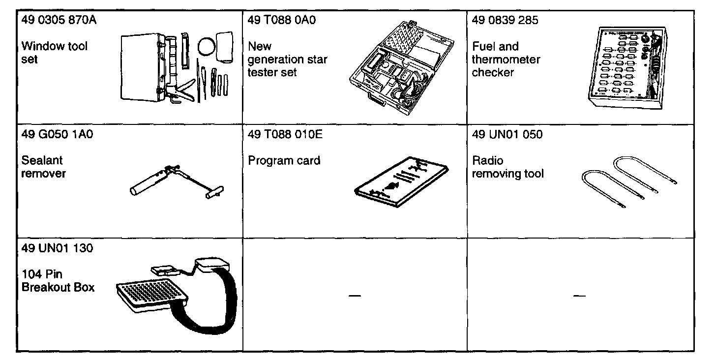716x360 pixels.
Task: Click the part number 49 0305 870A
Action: click(x=56, y=21)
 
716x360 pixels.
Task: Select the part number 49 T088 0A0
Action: click(x=281, y=21)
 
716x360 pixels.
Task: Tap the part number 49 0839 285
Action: click(x=505, y=21)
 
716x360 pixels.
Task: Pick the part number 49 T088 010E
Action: click(x=285, y=134)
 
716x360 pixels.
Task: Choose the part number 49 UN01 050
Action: click(x=507, y=134)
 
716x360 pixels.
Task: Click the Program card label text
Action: click(x=284, y=161)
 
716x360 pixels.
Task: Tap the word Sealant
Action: click(x=42, y=161)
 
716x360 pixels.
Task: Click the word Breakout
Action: click(x=47, y=287)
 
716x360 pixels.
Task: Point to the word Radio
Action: click(x=488, y=161)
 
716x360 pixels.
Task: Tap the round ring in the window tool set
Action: click(x=207, y=47)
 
